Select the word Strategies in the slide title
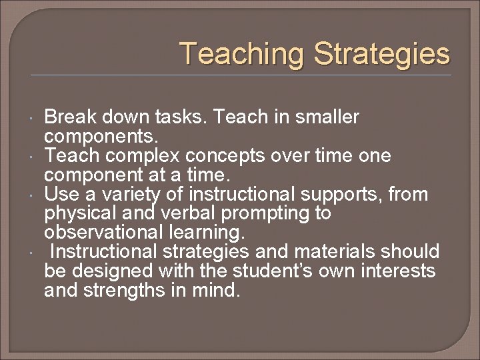pos(382,54)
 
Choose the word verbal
pos(186,214)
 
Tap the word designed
pos(107,271)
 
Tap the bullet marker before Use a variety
pos(33,195)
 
